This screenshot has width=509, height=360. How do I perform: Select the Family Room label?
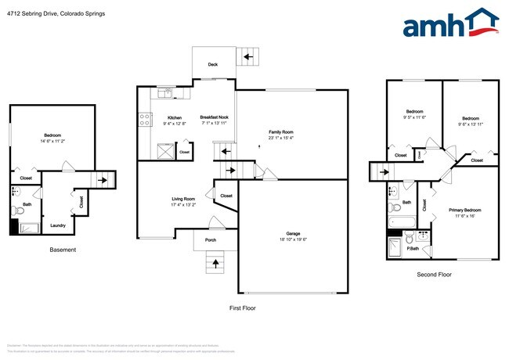(280, 132)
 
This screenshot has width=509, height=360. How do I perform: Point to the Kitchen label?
(173, 118)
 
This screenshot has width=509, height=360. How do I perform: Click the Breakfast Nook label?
(214, 118)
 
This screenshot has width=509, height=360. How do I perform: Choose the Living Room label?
(183, 199)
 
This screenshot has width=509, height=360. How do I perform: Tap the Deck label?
(212, 65)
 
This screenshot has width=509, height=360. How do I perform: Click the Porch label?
(211, 239)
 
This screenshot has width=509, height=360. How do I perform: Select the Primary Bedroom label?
(464, 211)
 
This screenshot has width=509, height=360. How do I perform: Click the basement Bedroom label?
(52, 135)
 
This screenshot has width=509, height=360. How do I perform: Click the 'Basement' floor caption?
(63, 250)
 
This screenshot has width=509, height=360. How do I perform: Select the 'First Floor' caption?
(242, 308)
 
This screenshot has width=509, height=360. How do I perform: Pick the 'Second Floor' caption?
(434, 274)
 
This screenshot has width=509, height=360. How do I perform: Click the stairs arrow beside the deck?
(249, 56)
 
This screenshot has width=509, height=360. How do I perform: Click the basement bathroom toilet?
(17, 210)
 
